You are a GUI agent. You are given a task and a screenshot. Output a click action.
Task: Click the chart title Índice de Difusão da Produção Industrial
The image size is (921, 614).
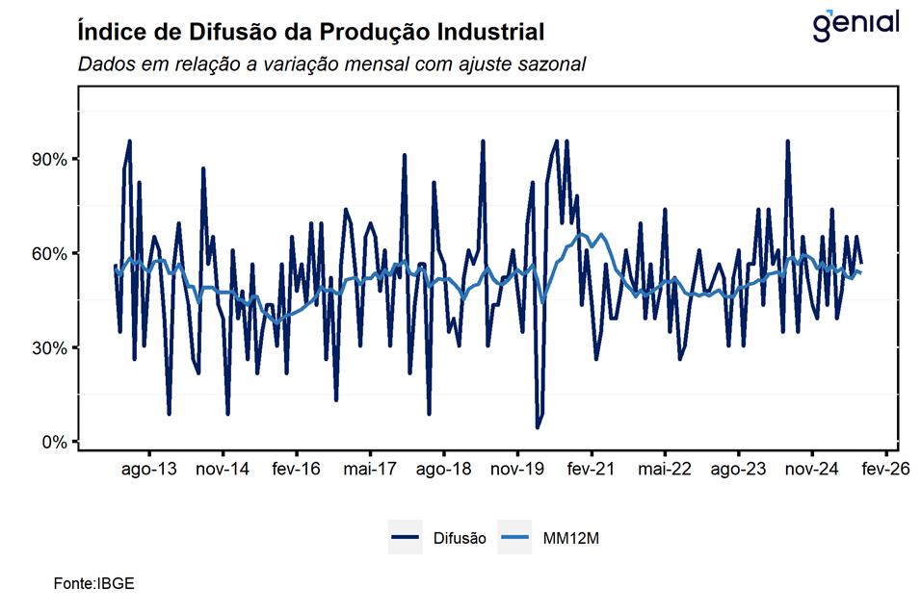[x=310, y=32]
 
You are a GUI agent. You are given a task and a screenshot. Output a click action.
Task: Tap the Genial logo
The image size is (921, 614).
[x=855, y=25]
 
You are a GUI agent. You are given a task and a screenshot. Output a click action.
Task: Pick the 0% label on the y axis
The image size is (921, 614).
[x=52, y=442]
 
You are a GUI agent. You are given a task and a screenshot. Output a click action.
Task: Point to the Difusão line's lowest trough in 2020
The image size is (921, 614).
[x=538, y=426]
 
